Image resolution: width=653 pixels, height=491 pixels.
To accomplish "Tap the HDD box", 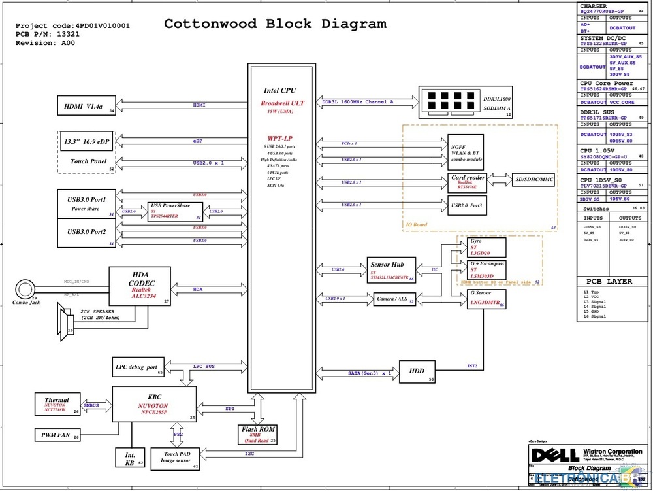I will (x=417, y=371).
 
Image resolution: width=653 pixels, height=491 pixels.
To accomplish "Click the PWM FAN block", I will (x=57, y=434).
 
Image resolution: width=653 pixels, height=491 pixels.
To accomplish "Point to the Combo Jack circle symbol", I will (x=25, y=288).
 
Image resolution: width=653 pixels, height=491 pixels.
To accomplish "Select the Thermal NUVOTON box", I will (x=59, y=404).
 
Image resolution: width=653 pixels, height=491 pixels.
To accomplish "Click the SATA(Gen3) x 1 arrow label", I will (x=370, y=373).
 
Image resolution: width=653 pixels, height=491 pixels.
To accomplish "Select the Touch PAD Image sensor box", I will (x=175, y=458).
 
